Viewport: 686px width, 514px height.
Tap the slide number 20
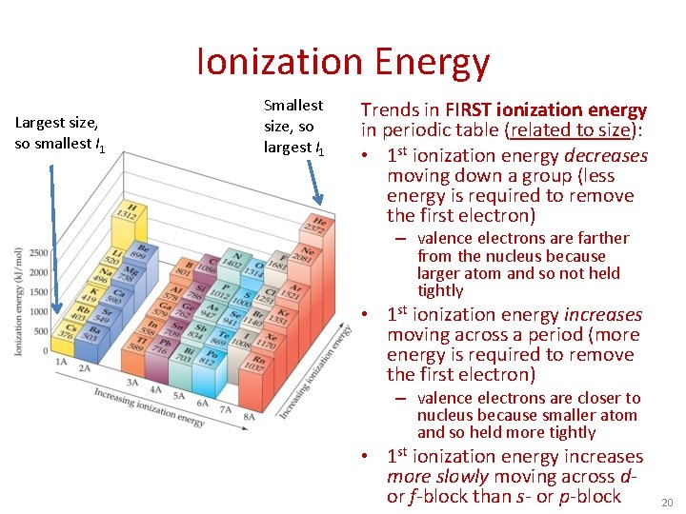665,502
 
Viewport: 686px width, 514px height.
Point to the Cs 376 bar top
64,329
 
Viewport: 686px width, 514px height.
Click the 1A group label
60,362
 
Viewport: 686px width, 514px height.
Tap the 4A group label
154,390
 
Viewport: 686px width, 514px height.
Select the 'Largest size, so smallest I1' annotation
60,133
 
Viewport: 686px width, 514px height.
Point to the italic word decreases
605,155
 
